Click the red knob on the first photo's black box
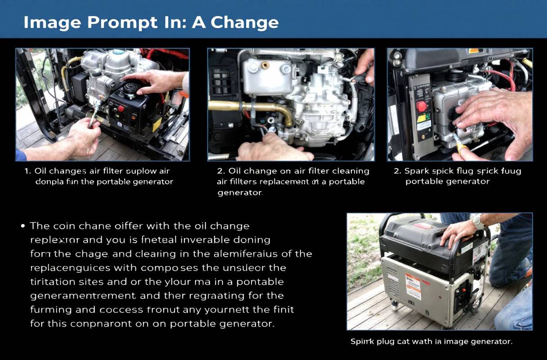pyautogui.click(x=121, y=109)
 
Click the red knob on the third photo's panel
pyautogui.click(x=421, y=106)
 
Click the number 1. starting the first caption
pyautogui.click(x=27, y=171)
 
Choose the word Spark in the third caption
pyautogui.click(x=417, y=171)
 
